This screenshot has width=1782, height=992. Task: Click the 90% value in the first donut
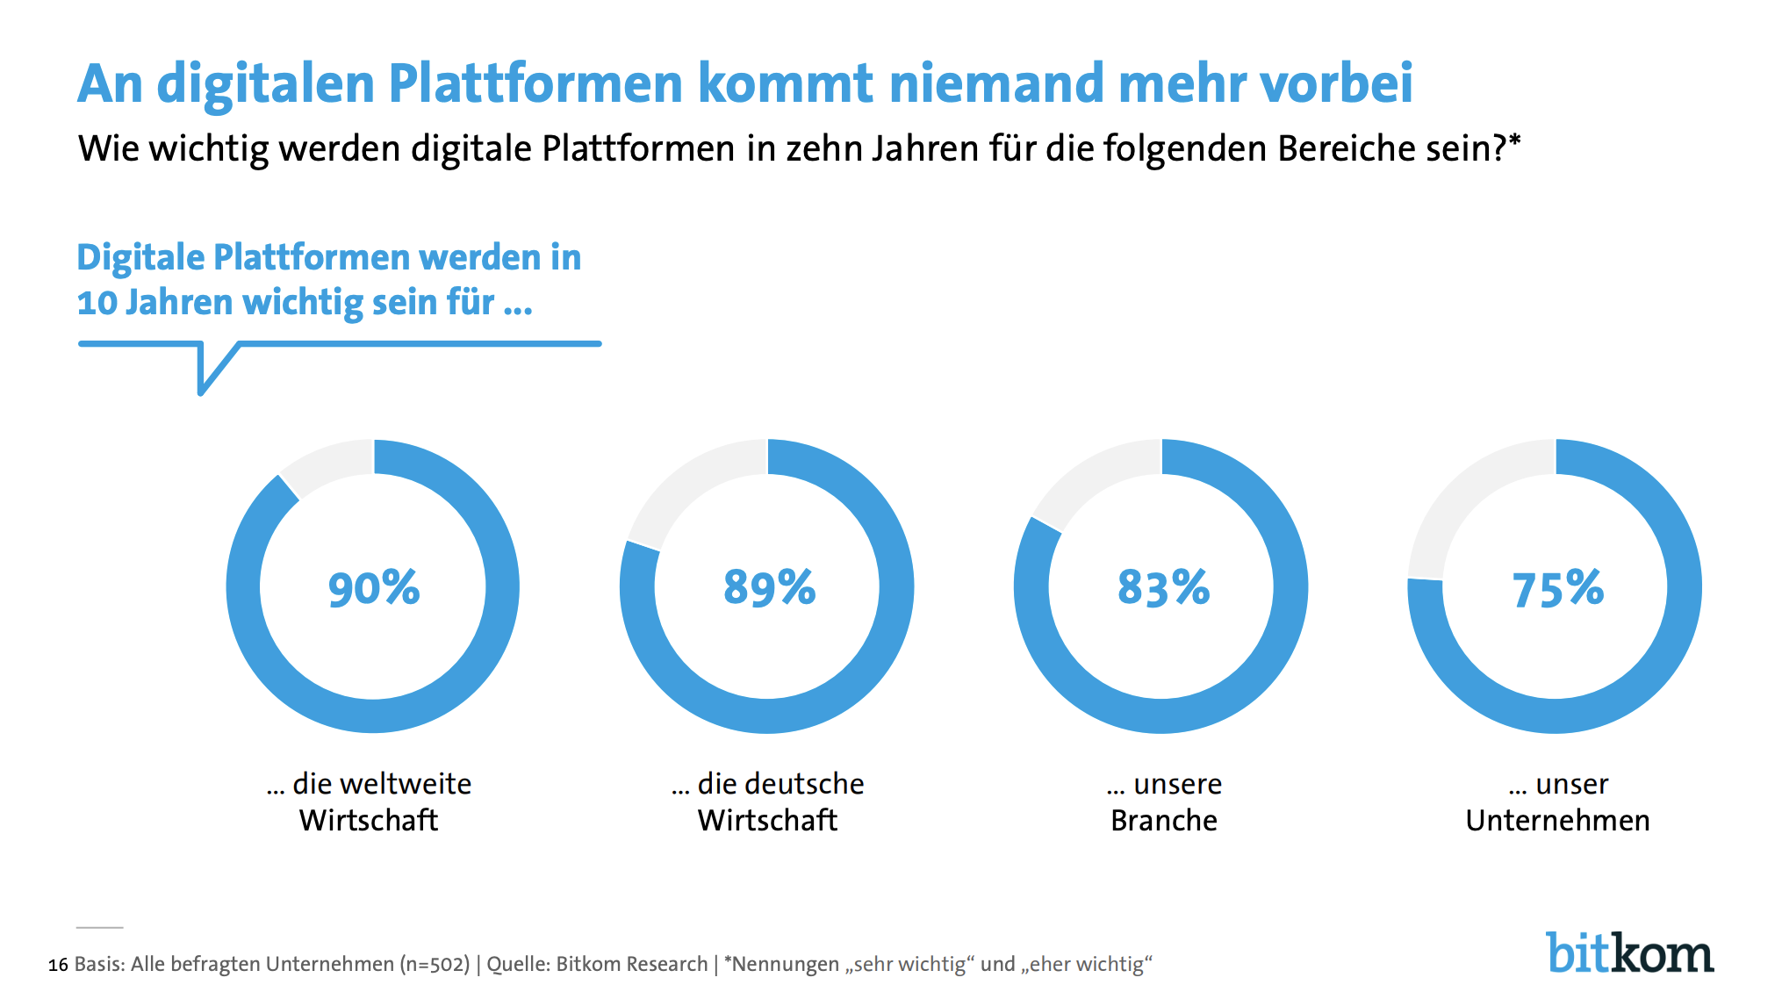click(374, 588)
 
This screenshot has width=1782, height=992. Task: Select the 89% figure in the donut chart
click(769, 588)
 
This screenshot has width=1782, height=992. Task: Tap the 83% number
click(1163, 588)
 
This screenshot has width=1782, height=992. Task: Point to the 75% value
click(1557, 589)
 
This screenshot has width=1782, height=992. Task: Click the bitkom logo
click(1629, 953)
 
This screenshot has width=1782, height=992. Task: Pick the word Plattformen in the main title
click(535, 84)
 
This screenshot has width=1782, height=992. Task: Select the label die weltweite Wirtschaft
click(369, 802)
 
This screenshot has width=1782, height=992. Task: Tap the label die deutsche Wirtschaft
click(768, 802)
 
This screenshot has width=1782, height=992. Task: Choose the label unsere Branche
click(1164, 802)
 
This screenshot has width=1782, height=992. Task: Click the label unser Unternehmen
click(1558, 802)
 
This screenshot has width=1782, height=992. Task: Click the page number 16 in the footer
click(58, 966)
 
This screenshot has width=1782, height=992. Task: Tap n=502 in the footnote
click(435, 965)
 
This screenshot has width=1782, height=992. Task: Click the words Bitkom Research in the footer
click(632, 965)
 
